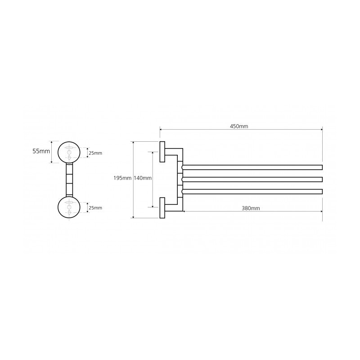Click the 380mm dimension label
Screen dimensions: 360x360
[251, 208]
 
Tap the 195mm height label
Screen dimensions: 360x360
[122, 178]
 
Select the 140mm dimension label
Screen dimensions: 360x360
[142, 178]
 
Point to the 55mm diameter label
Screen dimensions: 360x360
[41, 151]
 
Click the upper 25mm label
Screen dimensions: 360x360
[95, 153]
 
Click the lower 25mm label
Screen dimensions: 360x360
[95, 208]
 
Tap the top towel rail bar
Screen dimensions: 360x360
[252, 167]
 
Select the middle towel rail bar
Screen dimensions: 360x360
[252, 179]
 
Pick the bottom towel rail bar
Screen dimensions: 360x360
[252, 192]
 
